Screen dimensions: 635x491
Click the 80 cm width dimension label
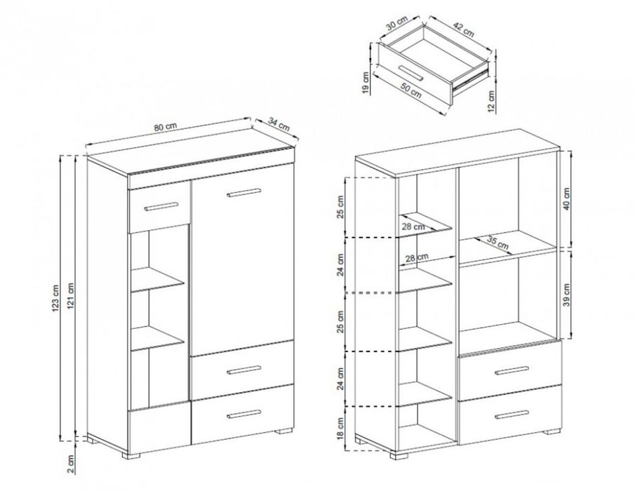[x=165, y=126]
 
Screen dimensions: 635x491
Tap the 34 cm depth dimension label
[x=279, y=124]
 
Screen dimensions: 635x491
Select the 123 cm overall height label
[x=56, y=299]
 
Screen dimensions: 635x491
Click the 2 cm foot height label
[x=72, y=464]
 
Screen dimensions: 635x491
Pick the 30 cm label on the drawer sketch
[x=396, y=23]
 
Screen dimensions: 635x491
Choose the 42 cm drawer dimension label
[x=463, y=30]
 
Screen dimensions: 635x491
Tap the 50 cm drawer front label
[x=411, y=90]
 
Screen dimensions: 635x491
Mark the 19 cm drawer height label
[x=366, y=83]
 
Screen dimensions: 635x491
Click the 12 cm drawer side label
[x=491, y=101]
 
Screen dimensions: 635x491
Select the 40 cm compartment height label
[x=566, y=199]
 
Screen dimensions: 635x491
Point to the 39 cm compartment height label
[x=566, y=295]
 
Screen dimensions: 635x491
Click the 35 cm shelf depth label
[x=497, y=243]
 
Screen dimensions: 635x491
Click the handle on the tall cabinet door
[x=245, y=193]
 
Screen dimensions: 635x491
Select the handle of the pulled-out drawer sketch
[x=410, y=72]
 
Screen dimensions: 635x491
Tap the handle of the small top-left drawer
[x=161, y=206]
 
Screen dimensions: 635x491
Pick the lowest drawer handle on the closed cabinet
[x=244, y=414]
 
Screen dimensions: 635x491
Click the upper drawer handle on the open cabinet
[x=512, y=370]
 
